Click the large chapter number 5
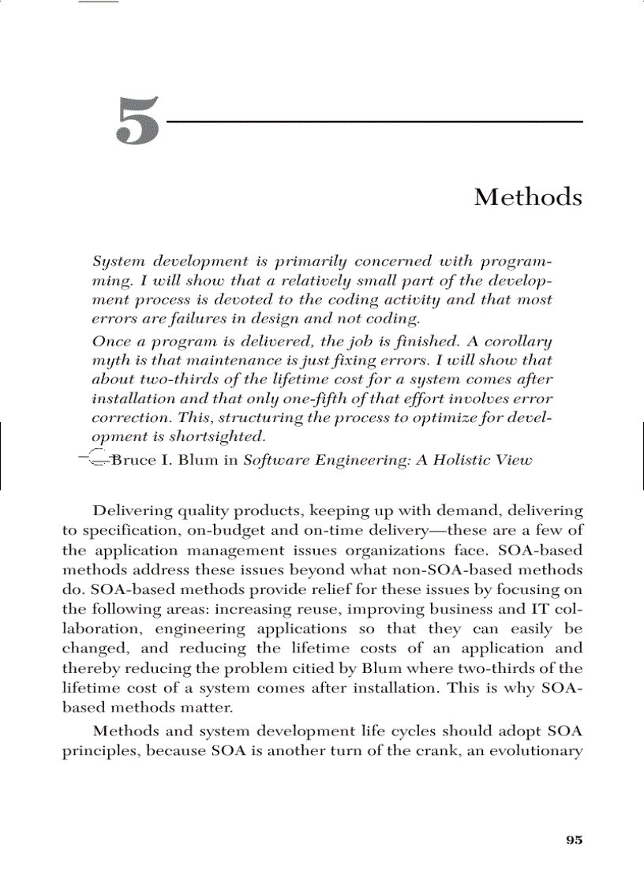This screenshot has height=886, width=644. coord(138,122)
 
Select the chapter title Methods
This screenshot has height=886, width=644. coord(528,197)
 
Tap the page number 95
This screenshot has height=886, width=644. coord(574,840)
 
